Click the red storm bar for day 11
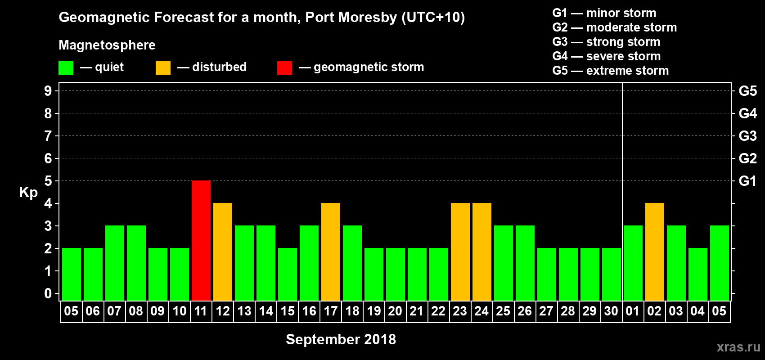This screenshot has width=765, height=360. (x=201, y=240)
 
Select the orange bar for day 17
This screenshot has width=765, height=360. (x=331, y=252)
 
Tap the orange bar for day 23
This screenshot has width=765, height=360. (x=460, y=252)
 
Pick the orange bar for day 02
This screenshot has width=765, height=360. (x=654, y=252)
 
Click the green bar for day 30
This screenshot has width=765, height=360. (x=611, y=274)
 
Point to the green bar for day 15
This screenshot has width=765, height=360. (x=288, y=274)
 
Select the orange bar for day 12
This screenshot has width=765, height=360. (x=223, y=252)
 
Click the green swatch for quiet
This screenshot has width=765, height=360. (x=66, y=68)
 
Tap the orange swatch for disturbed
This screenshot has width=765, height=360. (x=163, y=68)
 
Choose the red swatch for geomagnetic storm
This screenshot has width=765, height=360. (x=284, y=68)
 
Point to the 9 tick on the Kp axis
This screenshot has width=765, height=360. (x=48, y=91)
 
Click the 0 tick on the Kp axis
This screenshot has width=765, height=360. (x=48, y=294)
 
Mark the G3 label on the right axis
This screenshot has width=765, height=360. (x=747, y=136)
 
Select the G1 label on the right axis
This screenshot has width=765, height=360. (x=747, y=181)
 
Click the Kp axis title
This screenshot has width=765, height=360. (x=28, y=193)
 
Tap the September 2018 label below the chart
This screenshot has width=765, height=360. (x=341, y=339)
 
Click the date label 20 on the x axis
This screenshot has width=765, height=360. (x=395, y=311)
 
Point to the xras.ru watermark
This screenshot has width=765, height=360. (x=738, y=347)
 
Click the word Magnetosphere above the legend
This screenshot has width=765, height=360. (x=107, y=45)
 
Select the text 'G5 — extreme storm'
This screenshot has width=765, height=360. (x=610, y=71)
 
